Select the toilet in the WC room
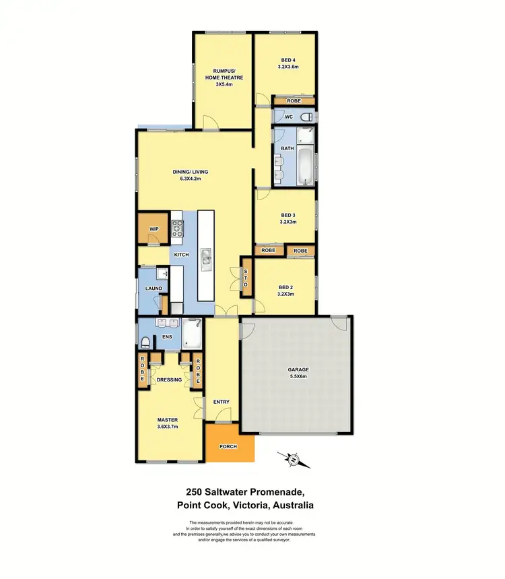[x=306, y=117]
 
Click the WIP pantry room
[x=154, y=229]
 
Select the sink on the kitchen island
[x=207, y=256]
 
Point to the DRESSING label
[x=169, y=379]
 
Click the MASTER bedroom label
[x=168, y=423]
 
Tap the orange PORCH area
[x=229, y=447]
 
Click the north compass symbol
[x=294, y=461]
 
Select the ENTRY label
[x=222, y=402]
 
